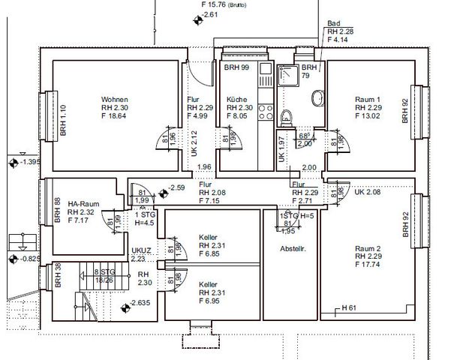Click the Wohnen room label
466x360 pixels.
point(115,100)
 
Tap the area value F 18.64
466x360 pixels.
point(116,116)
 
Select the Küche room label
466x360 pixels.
point(237,100)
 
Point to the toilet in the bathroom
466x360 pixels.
point(285,117)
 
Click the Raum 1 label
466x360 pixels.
point(368,100)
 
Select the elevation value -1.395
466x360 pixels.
point(29,162)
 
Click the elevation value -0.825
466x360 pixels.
point(29,259)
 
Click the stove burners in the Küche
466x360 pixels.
point(265,112)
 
